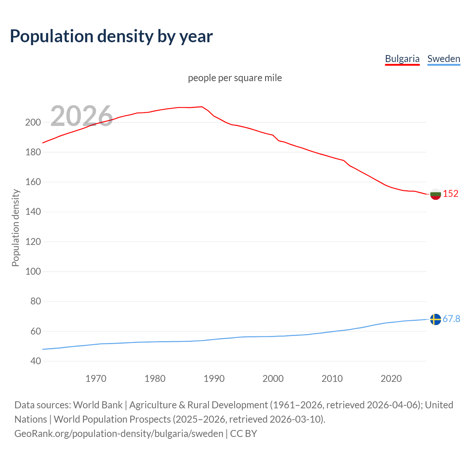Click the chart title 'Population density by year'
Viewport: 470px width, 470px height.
111,36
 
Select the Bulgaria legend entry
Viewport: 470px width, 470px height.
402,59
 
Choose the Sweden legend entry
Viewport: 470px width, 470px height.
444,59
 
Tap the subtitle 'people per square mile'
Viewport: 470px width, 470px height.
235,78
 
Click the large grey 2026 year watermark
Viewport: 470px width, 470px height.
82,116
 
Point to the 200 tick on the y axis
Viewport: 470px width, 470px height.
33,122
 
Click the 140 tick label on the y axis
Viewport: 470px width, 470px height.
33,212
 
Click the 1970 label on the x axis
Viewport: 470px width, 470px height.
96,379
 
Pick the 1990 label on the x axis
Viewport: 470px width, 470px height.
214,379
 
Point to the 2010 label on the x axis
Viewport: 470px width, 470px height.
332,379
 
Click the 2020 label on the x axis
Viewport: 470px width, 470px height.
391,379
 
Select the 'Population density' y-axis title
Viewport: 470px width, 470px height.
15,228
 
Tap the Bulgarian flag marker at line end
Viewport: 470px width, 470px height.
435,194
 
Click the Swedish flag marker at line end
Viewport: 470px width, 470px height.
435,319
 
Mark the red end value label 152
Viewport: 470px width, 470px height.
451,194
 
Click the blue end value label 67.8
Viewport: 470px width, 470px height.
451,319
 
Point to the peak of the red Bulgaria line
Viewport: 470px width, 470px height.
202,107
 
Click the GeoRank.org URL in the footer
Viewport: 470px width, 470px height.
119,434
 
